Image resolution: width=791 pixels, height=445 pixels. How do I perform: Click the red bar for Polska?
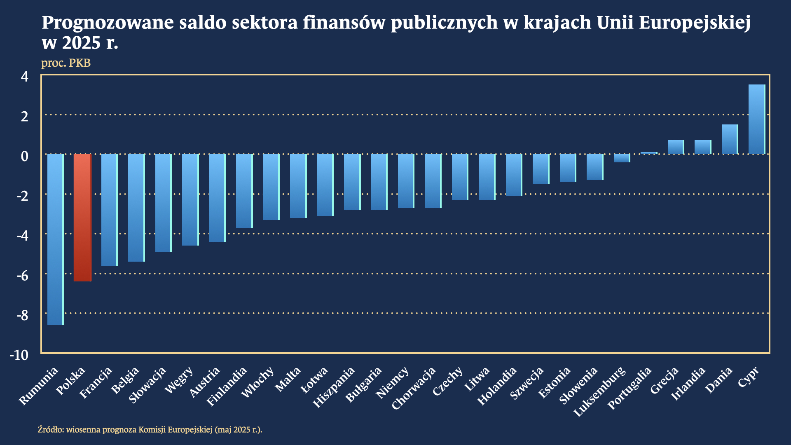coord(82,218)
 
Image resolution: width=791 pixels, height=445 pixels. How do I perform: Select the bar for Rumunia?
coord(55,239)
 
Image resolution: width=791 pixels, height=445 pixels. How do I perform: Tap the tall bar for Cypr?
coord(756,119)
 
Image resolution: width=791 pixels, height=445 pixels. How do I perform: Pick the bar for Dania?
coord(730,139)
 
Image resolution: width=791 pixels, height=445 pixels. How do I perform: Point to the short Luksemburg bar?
coord(622,158)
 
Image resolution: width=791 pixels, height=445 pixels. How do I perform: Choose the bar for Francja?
coord(109,210)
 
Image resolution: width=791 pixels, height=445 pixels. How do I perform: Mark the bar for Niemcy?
coord(406,181)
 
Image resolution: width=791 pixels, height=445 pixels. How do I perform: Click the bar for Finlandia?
coord(244,191)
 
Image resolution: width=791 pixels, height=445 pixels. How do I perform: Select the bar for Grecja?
coord(676,147)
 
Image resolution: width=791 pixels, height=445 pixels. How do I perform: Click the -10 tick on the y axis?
coord(19,355)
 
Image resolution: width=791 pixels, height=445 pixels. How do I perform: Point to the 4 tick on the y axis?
coord(25,77)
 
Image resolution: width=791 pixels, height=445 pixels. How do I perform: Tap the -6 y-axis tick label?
coord(22,276)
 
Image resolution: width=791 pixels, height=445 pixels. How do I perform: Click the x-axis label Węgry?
coord(179,380)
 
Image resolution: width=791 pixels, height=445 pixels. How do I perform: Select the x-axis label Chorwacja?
coord(413,388)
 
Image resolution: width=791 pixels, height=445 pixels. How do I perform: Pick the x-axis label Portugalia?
coord(629,388)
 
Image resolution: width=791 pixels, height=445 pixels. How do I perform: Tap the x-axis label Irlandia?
coord(688,384)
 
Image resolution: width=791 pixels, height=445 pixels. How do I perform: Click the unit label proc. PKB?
coord(66,63)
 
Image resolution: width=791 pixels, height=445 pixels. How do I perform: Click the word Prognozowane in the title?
coord(108,23)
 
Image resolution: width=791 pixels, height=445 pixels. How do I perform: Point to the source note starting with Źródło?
coord(150,429)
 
